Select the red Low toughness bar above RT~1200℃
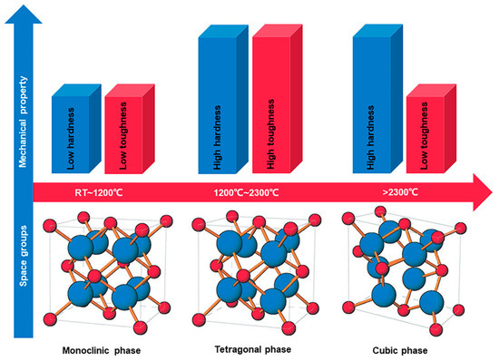(x=127, y=129)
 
